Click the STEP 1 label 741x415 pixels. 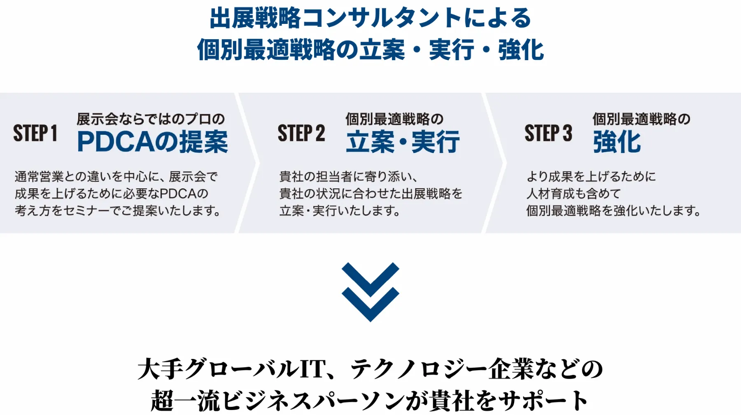pos(35,133)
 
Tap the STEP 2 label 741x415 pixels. pos(301,133)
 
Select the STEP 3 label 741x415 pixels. pos(548,133)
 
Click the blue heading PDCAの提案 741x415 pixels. pos(152,142)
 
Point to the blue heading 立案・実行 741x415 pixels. pos(403,142)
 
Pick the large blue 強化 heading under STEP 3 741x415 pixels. pos(617,142)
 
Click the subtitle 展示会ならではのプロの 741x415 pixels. pos(151,119)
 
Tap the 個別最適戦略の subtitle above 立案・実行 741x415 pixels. pos(394,119)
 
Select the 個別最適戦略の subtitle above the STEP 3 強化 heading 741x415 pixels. pos(641,119)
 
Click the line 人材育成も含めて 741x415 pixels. pos(573,194)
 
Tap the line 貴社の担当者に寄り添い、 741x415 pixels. pos(349,177)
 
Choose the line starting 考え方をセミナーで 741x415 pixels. pos(118,211)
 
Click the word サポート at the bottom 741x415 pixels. pos(543,400)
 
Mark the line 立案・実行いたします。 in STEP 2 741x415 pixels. pos(340,211)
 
